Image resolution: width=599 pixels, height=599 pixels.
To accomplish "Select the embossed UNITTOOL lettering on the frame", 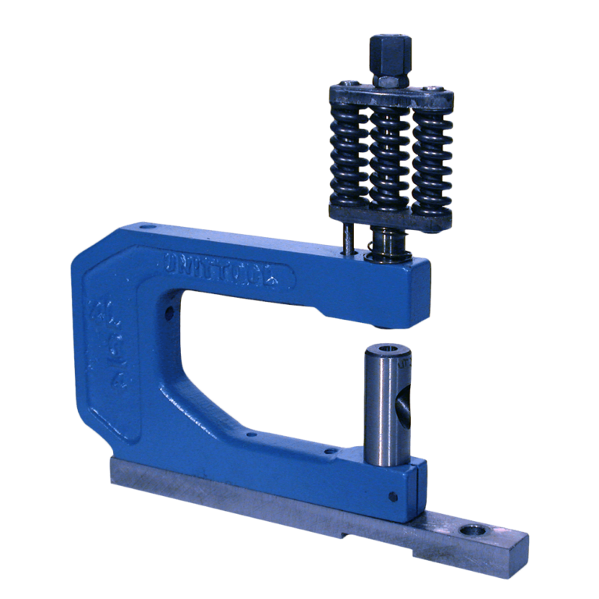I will [x=226, y=265].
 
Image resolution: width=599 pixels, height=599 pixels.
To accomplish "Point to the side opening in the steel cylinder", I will [x=404, y=406].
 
